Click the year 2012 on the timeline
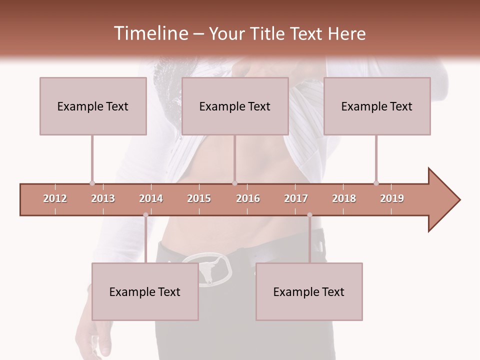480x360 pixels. (55, 198)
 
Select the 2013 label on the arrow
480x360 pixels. (103, 198)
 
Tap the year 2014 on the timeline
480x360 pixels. (151, 198)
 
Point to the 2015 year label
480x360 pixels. (199, 198)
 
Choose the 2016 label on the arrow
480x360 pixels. (248, 198)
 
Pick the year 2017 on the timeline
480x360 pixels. (296, 198)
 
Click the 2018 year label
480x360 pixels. (344, 198)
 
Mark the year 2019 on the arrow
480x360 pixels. (392, 198)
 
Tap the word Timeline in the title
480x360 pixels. (150, 33)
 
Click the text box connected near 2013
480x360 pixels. (93, 106)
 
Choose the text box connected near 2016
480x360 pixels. (235, 106)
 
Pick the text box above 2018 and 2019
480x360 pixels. (377, 106)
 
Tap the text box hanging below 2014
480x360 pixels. (145, 291)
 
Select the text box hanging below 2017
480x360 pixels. (309, 291)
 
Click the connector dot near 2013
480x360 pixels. (92, 183)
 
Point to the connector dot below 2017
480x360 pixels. (309, 215)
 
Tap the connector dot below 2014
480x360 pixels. (145, 215)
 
